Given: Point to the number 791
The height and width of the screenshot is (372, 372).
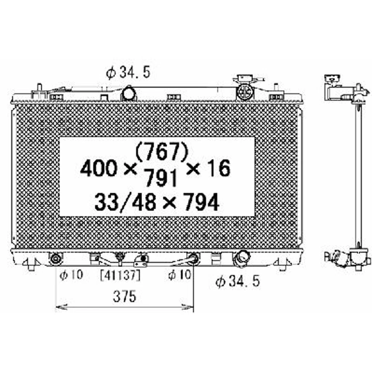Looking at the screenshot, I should point(162,179).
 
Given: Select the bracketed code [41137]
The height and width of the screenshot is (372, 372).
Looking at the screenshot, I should point(120,276).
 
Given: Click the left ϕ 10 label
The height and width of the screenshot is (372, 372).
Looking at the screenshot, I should point(71,276).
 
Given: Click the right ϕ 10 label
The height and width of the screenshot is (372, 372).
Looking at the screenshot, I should point(180,276).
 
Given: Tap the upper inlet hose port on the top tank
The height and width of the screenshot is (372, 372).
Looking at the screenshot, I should point(129,93).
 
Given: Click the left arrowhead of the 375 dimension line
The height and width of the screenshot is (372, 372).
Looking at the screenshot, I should point(58,308).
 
